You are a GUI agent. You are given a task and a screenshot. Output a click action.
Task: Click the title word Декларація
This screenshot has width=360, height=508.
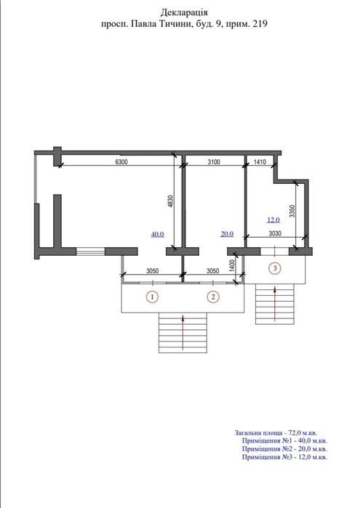pos(184,12)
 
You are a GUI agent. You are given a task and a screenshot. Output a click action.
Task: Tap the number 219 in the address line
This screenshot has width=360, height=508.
pos(260,24)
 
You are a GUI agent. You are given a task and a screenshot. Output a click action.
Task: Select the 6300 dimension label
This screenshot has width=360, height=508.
pos(121,161)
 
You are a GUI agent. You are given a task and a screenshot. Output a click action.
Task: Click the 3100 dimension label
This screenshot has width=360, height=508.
pos(213,161)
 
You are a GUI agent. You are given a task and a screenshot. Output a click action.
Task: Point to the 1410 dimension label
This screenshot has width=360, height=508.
pos(260,161)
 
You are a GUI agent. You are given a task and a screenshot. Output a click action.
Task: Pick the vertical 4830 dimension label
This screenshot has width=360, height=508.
pos(172,202)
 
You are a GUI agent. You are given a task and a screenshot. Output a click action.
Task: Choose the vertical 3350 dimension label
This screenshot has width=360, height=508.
pos(292,211)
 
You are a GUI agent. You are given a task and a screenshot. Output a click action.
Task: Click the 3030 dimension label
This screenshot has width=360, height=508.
pos(275,233)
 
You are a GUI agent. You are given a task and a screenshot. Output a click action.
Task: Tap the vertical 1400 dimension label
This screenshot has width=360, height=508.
pos(232,265)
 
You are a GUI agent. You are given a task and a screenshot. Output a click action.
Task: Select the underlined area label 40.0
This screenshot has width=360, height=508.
pos(158,234)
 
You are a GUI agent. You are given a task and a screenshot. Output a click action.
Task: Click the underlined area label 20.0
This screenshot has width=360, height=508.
pos(227,233)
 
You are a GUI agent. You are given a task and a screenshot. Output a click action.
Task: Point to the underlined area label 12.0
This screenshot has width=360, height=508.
pos(273,220)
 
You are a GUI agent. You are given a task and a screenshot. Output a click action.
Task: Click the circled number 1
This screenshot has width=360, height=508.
pos(152,297)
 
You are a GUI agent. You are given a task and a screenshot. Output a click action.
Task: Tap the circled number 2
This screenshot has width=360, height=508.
pos(213,297)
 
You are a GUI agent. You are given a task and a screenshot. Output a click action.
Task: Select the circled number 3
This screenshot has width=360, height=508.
pos(276,268)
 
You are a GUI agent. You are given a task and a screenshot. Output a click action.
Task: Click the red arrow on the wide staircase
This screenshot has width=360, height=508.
pos(183,332)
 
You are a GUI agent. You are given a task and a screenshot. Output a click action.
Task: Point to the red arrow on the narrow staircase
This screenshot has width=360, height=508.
pos(275,303)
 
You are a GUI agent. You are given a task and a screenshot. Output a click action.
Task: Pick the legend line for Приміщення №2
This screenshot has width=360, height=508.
pos(284,449)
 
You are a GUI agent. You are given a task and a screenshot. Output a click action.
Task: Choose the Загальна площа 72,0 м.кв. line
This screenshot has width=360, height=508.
pos(276,433)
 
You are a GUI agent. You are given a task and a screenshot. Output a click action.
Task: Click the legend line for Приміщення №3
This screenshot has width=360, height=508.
pos(284,457)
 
